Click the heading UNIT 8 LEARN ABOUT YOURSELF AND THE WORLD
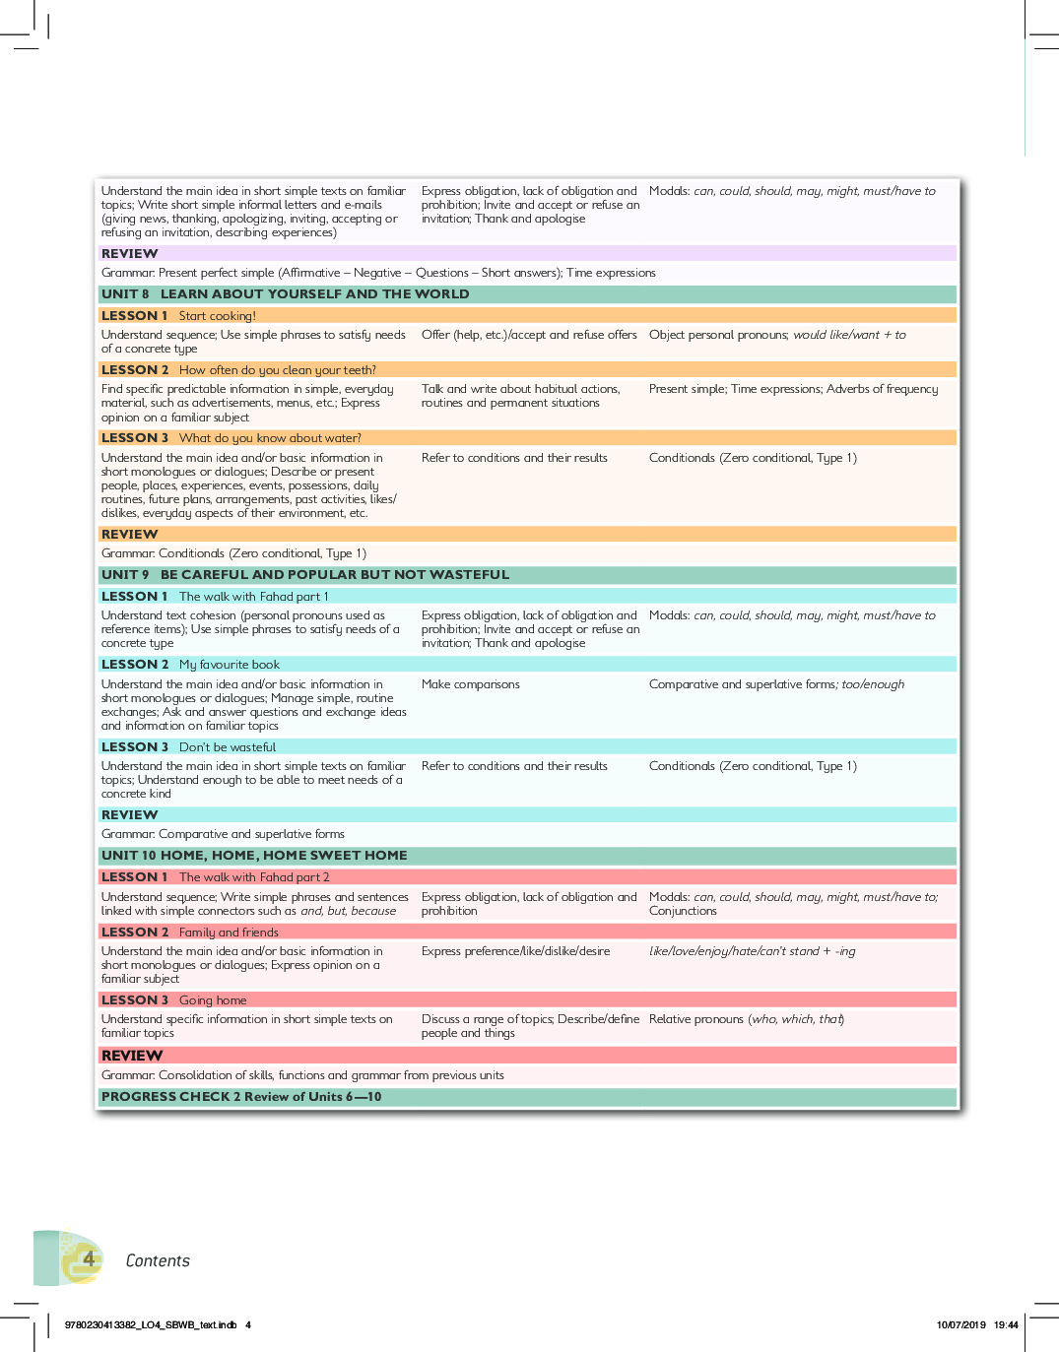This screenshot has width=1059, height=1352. (285, 294)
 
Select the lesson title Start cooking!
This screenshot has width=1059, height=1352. (217, 316)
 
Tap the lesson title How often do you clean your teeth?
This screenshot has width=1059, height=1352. (277, 370)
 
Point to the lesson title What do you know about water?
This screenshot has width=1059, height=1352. (270, 438)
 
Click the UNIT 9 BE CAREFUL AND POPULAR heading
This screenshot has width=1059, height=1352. (305, 575)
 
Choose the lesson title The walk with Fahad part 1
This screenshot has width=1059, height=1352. (253, 597)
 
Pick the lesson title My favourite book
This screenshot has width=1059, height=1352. (229, 665)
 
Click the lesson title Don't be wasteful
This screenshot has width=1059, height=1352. (228, 747)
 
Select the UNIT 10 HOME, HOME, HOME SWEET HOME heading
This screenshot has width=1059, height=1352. (254, 856)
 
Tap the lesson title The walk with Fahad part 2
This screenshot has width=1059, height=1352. (254, 877)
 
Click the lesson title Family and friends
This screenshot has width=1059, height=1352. (229, 933)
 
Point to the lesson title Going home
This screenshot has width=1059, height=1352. (213, 1000)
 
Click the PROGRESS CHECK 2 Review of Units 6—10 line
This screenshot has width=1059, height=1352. (241, 1097)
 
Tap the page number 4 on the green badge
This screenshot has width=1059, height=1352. (89, 1258)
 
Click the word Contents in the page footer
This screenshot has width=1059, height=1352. (158, 1261)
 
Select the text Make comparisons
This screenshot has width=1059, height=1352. (471, 684)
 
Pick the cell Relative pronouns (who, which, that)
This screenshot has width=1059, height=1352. (746, 1019)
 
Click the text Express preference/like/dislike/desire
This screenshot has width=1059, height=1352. (515, 951)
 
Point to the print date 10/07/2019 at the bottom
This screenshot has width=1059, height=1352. (960, 1325)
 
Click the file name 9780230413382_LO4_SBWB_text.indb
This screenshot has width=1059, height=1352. (150, 1325)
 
